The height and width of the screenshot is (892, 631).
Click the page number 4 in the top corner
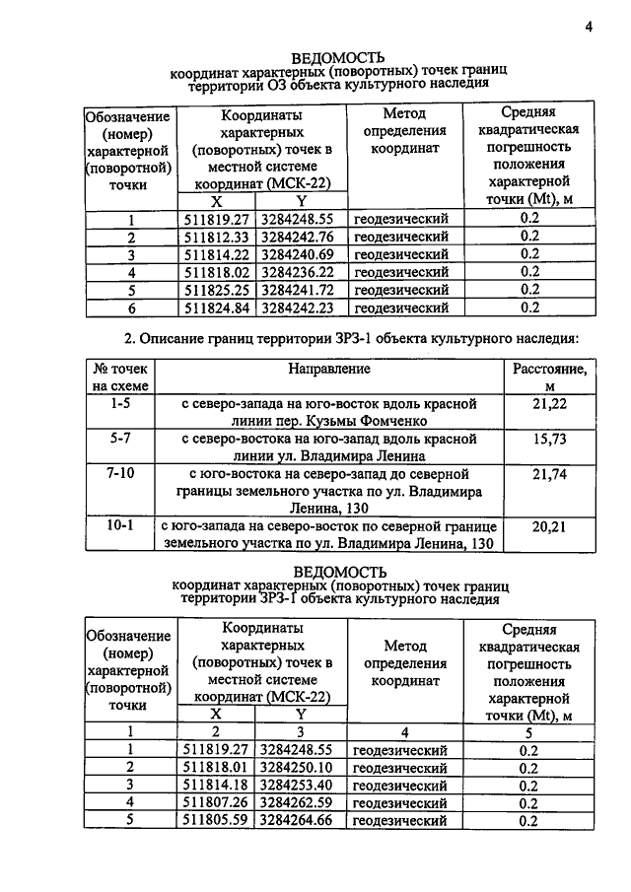pos(588,27)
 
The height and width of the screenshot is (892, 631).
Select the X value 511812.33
pos(217,237)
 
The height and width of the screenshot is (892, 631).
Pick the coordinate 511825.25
pos(217,290)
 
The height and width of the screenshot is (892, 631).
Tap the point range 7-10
pos(119,474)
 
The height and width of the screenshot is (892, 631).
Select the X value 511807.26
pos(217,803)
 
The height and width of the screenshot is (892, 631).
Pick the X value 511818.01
pos(217,768)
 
